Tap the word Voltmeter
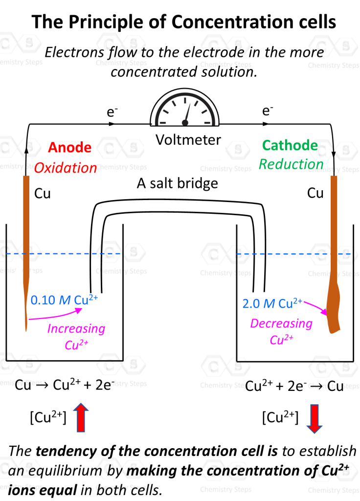(188, 140)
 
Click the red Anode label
(69, 147)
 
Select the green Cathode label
(290, 145)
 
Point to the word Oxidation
(66, 168)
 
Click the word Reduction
(291, 164)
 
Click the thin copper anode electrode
(27, 245)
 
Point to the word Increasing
(76, 328)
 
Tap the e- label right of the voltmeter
(267, 111)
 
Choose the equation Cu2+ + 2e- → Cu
(294, 386)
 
